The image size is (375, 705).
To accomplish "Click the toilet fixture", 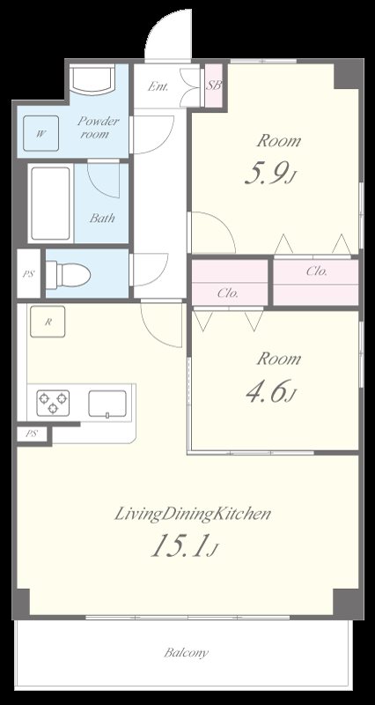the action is [69, 274].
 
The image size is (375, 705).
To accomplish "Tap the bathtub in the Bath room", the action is [50, 204].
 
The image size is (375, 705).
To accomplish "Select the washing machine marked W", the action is [40, 133].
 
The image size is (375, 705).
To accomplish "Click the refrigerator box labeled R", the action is [48, 322].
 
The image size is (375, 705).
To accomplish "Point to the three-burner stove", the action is [53, 403].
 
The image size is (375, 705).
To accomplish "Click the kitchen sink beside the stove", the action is [107, 404].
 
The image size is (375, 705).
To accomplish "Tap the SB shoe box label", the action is [214, 85].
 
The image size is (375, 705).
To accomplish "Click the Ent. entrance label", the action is [158, 86].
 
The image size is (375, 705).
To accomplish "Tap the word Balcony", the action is [186, 652].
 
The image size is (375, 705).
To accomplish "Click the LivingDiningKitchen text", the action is [193, 514].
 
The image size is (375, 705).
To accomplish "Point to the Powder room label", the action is [99, 127].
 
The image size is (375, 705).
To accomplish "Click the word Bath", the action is [102, 219].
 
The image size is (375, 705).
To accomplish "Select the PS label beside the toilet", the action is [28, 274].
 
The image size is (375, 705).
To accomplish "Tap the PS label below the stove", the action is [31, 434].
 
